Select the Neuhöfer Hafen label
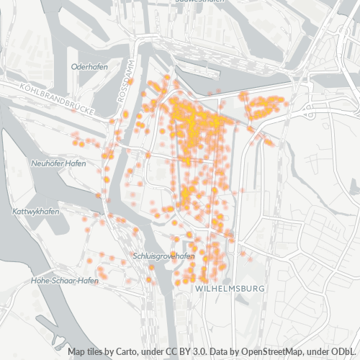pos(58,163)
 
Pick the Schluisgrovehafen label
pos(164,256)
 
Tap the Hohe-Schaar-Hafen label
pos(65,280)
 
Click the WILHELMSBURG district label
pos(230,288)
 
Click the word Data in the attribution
pos(216,352)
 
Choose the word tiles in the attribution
pos(99,352)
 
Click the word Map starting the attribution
pos(78,352)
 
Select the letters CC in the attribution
pos(167,352)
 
